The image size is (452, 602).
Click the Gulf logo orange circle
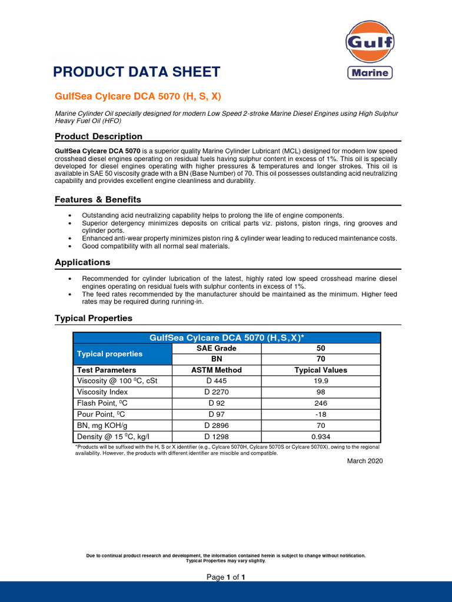coord(369,43)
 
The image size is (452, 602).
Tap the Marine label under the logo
coord(369,73)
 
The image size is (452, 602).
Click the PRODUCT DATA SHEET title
coord(137,72)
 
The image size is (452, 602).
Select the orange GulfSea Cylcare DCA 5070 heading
coord(138,96)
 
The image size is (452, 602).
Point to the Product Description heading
coord(98,136)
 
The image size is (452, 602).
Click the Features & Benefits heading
coord(98,200)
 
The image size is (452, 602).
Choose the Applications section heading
coord(82,262)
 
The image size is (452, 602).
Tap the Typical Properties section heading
coord(94,318)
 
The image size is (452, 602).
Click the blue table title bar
coord(227,337)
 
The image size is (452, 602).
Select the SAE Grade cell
coord(215,348)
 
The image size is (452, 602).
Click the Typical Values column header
coord(321,370)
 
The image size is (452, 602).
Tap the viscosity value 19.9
coord(321,381)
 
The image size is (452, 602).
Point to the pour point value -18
coord(321,414)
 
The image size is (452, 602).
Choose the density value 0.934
coord(321,437)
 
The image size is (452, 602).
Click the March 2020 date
coord(365,461)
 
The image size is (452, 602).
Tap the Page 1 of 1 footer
coord(225,577)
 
